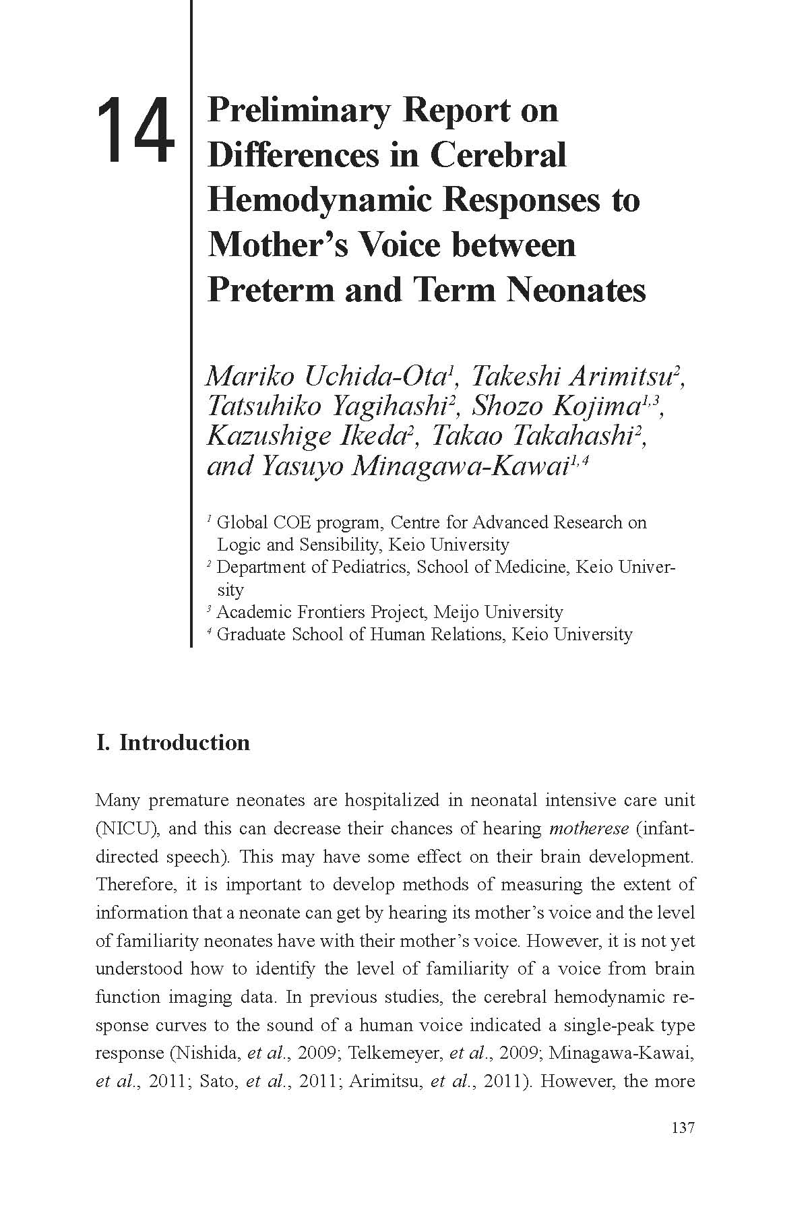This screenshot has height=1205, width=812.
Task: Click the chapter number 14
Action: point(135,130)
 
